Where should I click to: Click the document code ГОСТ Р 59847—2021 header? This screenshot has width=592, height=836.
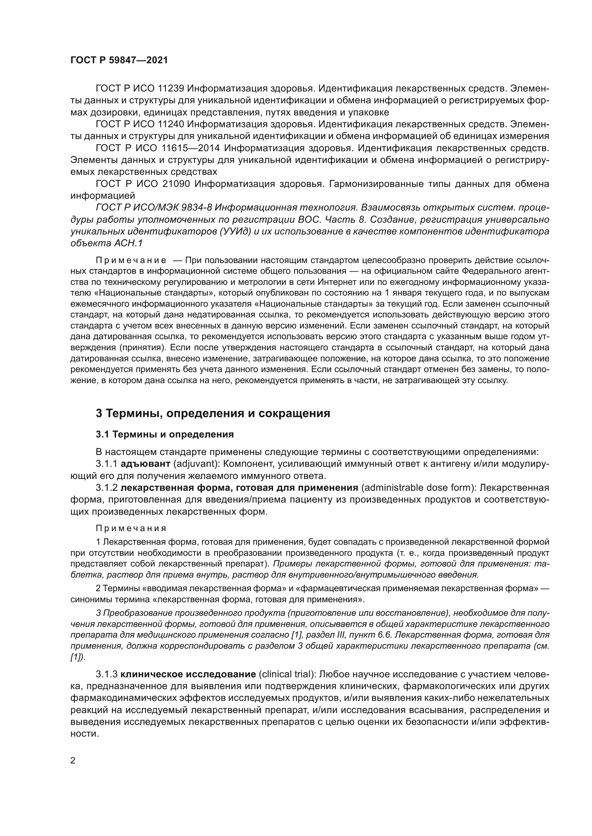point(119,60)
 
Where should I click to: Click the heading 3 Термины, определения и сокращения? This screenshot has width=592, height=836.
point(213,413)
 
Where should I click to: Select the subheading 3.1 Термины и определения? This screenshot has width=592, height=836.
point(165,434)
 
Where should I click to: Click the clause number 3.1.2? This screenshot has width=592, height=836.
point(107,488)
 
